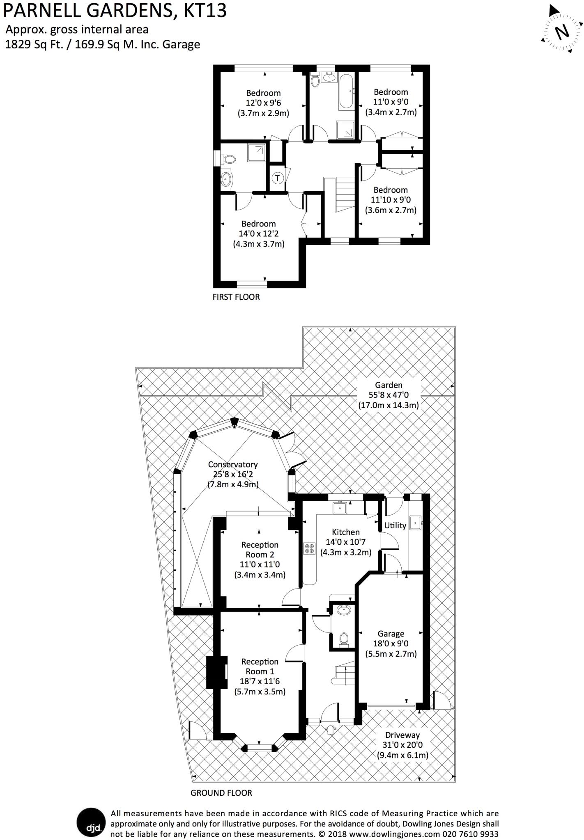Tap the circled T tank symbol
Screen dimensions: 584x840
(x=278, y=178)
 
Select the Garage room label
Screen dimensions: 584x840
(x=391, y=634)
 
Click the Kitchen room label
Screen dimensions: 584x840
(x=345, y=532)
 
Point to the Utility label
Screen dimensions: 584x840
(x=395, y=525)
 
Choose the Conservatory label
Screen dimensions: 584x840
(x=232, y=464)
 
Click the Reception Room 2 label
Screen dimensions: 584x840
(x=260, y=550)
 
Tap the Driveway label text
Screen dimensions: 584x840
(x=402, y=735)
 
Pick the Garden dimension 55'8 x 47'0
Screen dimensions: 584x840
(x=389, y=395)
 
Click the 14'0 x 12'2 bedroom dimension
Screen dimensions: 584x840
(x=258, y=234)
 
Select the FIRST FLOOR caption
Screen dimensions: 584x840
(x=236, y=297)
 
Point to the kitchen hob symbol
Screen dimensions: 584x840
(x=309, y=548)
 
